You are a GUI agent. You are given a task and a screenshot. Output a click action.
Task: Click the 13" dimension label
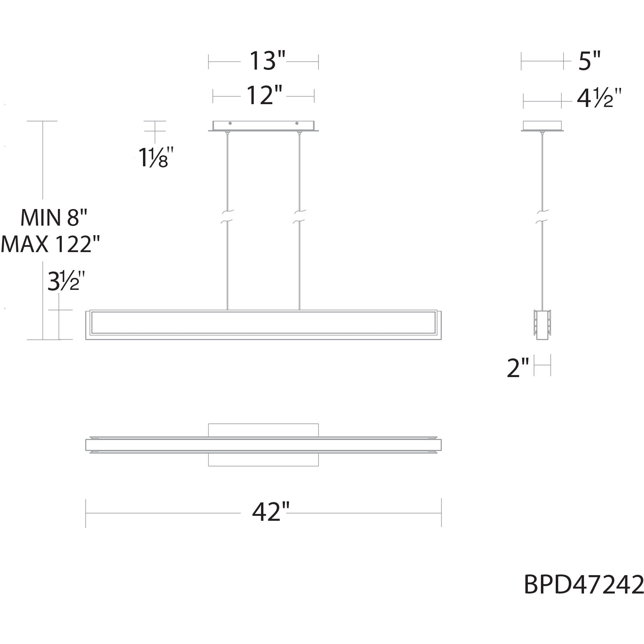[267, 60]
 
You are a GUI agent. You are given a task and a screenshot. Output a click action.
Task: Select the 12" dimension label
[264, 95]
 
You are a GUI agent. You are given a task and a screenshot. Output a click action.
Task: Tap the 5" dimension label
[589, 61]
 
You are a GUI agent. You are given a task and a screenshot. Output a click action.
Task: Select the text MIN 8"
[54, 217]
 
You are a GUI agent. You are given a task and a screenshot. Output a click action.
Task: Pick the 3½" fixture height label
[66, 281]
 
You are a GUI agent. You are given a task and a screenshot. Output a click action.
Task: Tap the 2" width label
[518, 368]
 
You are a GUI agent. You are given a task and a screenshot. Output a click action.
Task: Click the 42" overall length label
[270, 512]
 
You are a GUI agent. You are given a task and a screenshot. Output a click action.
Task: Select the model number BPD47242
[583, 585]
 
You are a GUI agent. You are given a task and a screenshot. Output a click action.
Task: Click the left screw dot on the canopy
[230, 123]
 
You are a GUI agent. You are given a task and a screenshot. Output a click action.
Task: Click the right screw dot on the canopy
[297, 123]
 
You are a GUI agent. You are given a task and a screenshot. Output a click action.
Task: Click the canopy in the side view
[542, 126]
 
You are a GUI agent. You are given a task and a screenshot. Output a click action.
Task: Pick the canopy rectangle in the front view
[263, 126]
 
